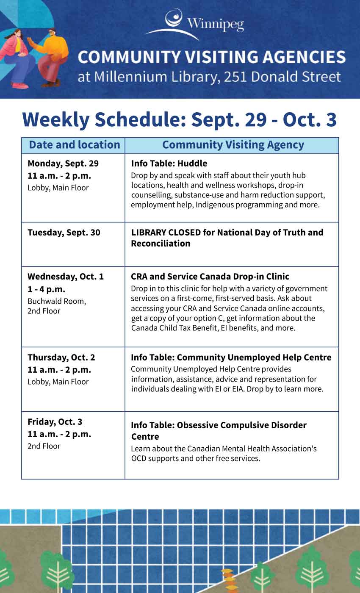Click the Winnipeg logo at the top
coord(195,24)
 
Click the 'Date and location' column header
coord(75,145)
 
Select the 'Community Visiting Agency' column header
coord(233,145)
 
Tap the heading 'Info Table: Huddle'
coord(169,163)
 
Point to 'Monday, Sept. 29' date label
coord(63,163)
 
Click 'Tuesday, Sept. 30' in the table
coord(64,233)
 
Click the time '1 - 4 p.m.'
coord(46,289)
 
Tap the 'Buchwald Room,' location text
coord(57,301)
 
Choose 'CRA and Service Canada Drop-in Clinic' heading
coord(210,277)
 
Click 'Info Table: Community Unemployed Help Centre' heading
coord(231,357)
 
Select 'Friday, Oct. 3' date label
coord(55,422)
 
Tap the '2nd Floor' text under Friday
coord(44,446)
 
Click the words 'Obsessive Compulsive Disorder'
coord(242,425)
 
